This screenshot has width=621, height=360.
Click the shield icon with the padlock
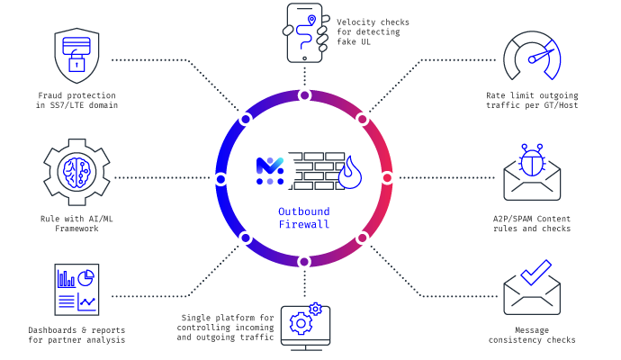pos(76,56)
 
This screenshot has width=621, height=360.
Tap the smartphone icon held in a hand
pos(305,33)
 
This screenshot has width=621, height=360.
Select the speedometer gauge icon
pos(532,56)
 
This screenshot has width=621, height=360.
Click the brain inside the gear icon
pos(76,172)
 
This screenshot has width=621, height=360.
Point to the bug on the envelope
pos(532,160)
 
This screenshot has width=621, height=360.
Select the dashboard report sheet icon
pos(76,290)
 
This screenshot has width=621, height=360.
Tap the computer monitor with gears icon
pos(305,327)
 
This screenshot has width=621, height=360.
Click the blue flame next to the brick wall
pos(350,172)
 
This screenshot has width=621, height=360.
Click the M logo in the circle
pos(270,171)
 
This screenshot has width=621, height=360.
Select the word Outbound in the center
pos(304,211)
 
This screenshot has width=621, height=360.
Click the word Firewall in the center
pos(304,224)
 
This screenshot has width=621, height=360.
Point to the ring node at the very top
pos(304,95)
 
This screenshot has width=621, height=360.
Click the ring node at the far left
pos(221,179)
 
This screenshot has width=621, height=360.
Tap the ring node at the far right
pos(387,178)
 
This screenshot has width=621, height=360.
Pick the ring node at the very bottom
pos(304,262)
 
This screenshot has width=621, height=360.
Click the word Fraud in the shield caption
pos(49,95)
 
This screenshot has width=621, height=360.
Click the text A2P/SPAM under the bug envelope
pos(512,219)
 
